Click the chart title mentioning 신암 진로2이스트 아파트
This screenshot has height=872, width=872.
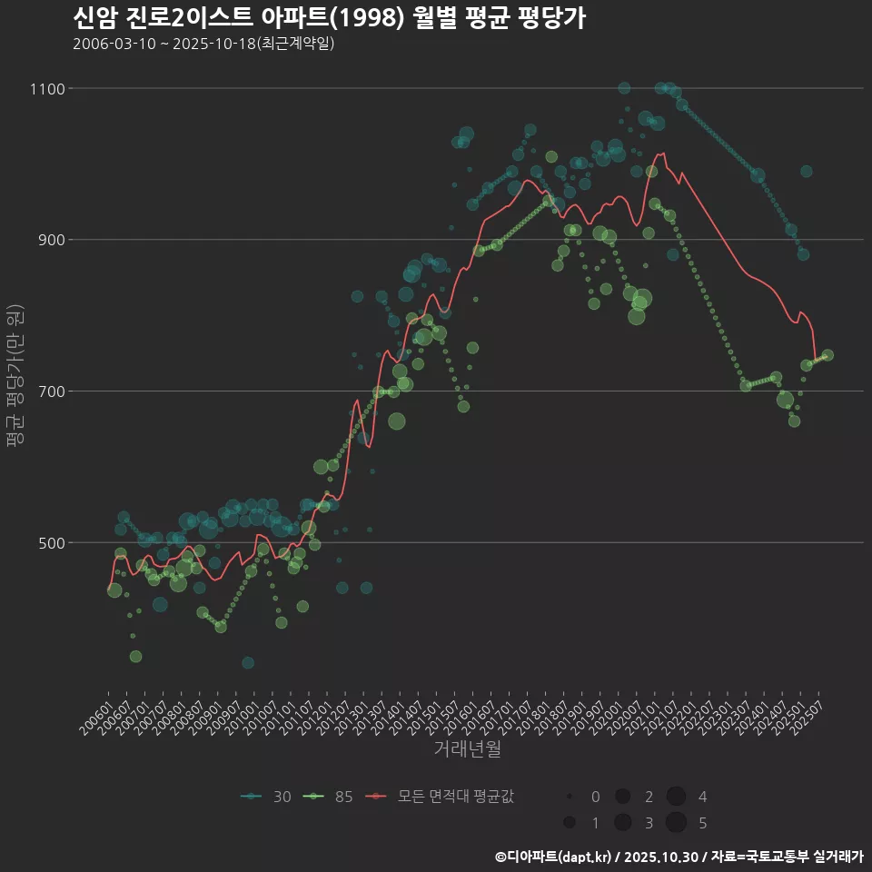pos(329,17)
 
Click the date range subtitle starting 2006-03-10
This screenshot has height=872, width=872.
pos(203,44)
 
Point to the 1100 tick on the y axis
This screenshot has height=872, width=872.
pos(46,89)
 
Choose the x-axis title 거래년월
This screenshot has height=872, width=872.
pos(467,748)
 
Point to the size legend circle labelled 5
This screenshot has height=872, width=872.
pos(676,823)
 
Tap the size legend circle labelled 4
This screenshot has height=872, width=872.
pos(676,797)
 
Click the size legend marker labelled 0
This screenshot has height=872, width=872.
pos(570,797)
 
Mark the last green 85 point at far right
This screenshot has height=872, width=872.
pos(827,355)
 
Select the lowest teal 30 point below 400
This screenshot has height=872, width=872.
pos(248,663)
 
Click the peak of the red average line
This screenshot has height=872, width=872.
pos(663,153)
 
